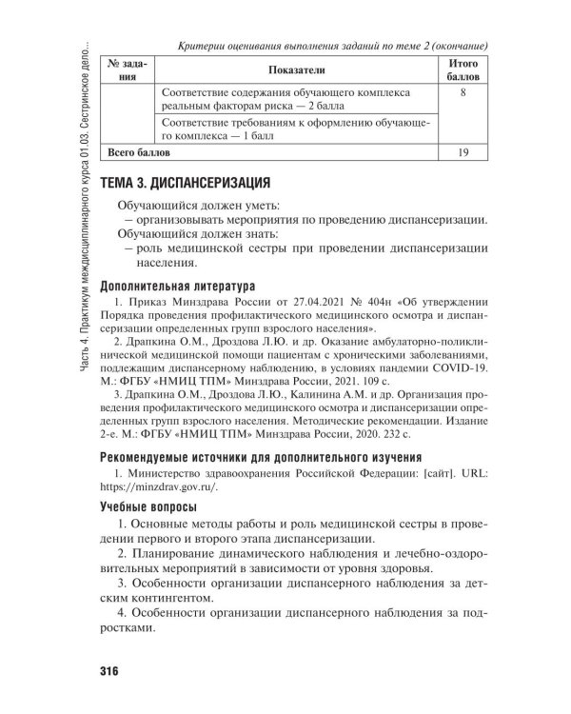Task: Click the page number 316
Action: [108, 672]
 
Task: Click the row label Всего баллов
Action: [139, 151]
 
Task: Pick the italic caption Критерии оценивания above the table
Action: [333, 45]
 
